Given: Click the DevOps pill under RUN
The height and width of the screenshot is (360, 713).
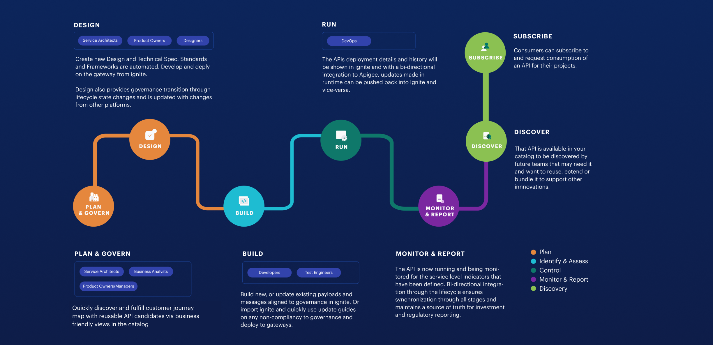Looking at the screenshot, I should coord(349,41).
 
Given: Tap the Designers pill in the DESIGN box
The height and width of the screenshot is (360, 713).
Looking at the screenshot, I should coord(193,41).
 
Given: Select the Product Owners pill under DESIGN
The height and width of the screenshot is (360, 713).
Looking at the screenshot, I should coord(149,41).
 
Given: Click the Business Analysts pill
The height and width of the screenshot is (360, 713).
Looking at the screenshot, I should coord(151,271).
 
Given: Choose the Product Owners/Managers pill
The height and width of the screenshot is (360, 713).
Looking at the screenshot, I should coord(108,286).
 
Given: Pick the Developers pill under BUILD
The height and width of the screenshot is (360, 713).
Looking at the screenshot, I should coord(269,273).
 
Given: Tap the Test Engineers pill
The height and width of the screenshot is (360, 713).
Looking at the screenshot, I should coord(319,273).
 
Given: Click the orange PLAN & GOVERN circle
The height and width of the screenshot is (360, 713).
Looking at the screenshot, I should coord(93,206).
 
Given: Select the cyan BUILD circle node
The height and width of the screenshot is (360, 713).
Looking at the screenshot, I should coord(244,206).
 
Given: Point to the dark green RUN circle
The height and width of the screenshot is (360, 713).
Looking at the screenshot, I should coord(341,140).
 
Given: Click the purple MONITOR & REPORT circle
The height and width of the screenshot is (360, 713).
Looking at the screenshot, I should coord(439,206).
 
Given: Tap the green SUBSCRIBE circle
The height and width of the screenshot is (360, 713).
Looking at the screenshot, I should coord(485,53).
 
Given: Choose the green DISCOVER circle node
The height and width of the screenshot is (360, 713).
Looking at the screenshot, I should coord(486,141).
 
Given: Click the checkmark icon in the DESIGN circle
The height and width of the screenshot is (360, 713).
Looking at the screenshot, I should coord(150,135).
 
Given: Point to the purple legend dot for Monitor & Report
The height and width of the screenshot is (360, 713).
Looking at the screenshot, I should coord(534,279).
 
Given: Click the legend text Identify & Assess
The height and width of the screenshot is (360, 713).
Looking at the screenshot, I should coord(563,261).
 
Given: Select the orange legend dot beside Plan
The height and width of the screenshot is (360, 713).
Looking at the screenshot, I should coord(534,252).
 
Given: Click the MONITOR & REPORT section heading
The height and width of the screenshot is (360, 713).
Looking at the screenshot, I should coord(430,254).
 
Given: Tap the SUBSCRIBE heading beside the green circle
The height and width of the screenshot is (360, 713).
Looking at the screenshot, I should coord(533,36).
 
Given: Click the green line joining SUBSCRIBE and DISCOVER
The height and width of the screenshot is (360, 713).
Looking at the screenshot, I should coord(486,97).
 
